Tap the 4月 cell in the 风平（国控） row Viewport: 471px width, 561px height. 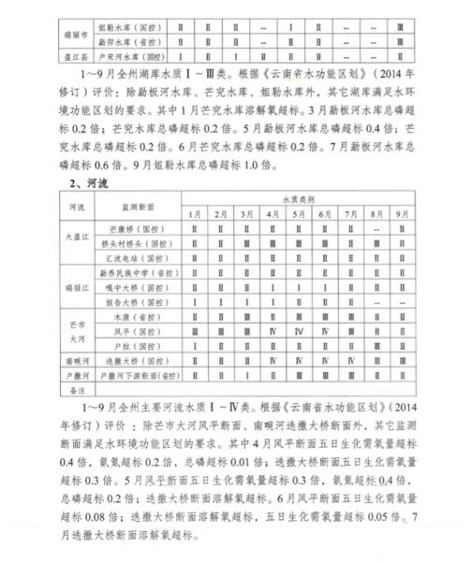[272, 331]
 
